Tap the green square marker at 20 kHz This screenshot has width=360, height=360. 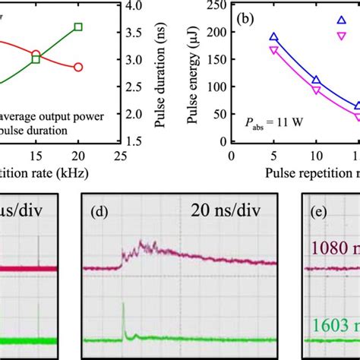pyautogui.click(x=78, y=27)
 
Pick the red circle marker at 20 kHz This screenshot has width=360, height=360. pyautogui.click(x=78, y=67)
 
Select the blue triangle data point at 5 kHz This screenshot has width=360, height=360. pyautogui.click(x=274, y=37)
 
